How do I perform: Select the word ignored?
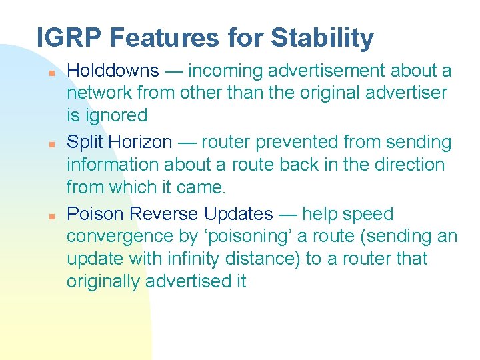115,115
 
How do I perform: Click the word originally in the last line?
103,281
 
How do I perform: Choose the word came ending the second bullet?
205,187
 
